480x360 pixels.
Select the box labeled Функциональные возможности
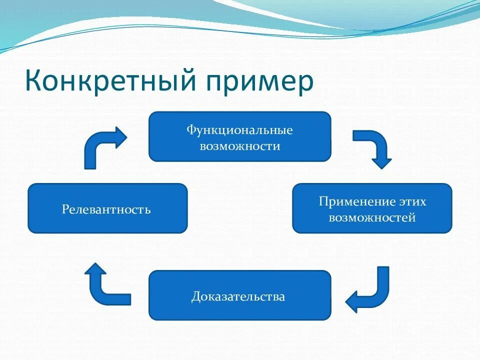click(240, 136)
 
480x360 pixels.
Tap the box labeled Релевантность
click(107, 208)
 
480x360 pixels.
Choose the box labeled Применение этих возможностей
click(372, 208)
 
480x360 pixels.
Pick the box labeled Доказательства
click(240, 295)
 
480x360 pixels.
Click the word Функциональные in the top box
click(239, 130)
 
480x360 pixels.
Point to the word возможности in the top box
click(239, 146)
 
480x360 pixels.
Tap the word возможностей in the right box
click(372, 217)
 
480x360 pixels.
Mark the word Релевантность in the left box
click(106, 209)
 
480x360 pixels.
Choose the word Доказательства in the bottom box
click(238, 296)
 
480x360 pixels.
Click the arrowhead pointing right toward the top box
click(120, 137)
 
